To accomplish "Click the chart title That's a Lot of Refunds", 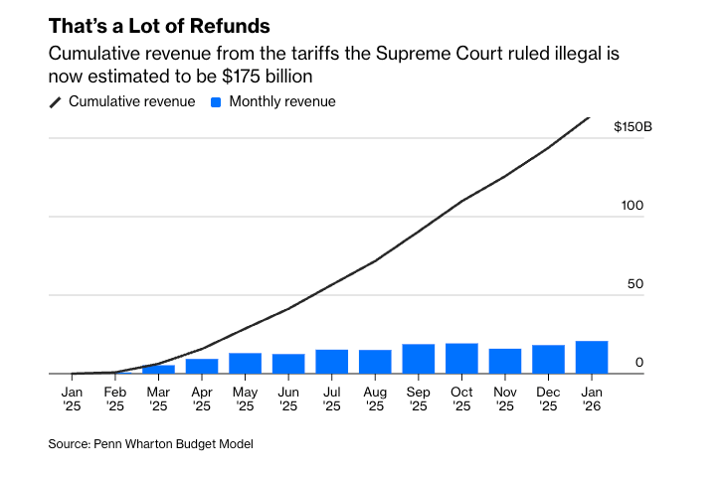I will [x=159, y=26].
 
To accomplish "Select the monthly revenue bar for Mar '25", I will [x=158, y=370].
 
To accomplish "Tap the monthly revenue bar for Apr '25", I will [x=202, y=367].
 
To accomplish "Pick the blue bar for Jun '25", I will [x=288, y=364].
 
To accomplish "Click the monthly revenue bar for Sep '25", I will [x=419, y=359].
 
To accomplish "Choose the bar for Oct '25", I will [x=461, y=359].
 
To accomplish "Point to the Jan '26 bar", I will [x=592, y=358].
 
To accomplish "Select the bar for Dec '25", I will [x=548, y=360].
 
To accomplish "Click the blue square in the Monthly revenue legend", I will [x=216, y=101].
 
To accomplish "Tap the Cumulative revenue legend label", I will [x=131, y=101].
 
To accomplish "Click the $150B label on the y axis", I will [x=631, y=127].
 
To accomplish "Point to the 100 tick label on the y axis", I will [x=631, y=206].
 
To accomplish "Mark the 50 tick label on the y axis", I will [x=634, y=284].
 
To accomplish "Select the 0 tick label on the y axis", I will [x=639, y=363].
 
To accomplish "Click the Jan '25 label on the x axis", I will [x=72, y=398].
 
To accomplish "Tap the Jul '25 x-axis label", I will [x=331, y=398].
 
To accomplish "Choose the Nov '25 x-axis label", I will [x=505, y=398].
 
